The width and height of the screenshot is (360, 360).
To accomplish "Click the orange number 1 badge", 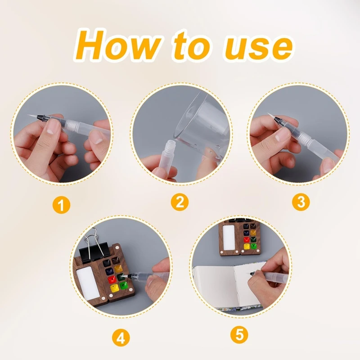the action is [61, 205].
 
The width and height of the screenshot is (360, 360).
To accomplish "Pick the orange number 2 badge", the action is [180, 202].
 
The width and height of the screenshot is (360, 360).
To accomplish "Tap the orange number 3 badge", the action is [301, 202].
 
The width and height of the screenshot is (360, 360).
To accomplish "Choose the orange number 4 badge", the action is [121, 338].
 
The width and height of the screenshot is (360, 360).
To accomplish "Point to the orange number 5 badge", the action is [239, 335].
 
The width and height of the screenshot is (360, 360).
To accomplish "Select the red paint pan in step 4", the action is [112, 279].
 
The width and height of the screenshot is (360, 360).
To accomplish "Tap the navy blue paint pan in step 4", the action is [110, 272].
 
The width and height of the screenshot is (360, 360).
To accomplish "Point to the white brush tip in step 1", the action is [32, 116].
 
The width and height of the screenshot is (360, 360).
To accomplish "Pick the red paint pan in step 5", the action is [247, 239].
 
